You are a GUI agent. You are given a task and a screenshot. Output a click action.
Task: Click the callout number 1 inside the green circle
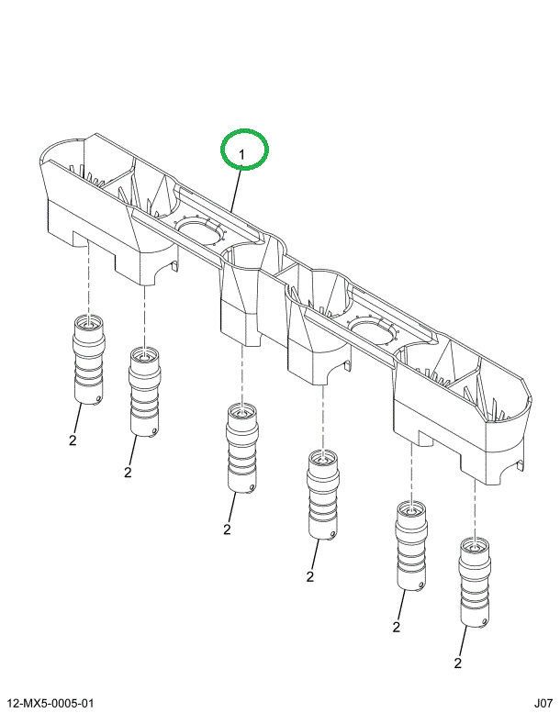click(243, 152)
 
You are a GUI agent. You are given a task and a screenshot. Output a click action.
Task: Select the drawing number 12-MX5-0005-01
click(51, 703)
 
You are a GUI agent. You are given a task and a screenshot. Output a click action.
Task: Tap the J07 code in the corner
click(540, 703)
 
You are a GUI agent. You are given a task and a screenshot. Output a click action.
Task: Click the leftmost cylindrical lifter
click(88, 360)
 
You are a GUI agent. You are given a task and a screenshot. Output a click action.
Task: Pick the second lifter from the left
click(144, 390)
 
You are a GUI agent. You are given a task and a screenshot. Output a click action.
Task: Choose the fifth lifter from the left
click(409, 545)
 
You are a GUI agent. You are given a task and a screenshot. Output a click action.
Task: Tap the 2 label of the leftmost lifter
click(72, 440)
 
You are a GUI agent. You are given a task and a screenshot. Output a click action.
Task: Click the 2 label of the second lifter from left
click(128, 472)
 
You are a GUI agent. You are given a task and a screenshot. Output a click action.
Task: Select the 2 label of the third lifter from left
click(226, 529)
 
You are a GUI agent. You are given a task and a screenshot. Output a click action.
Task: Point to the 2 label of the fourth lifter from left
click(310, 576)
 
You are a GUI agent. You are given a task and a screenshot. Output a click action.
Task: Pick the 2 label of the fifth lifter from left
click(397, 628)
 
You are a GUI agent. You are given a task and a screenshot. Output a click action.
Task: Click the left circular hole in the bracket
click(200, 231)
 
